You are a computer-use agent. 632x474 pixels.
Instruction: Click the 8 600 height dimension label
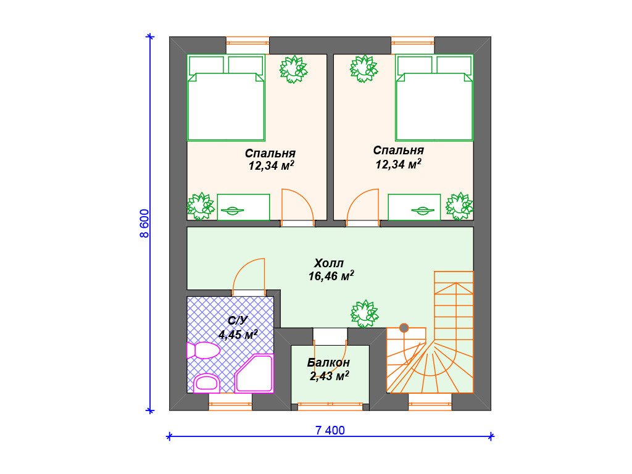pos(144,223)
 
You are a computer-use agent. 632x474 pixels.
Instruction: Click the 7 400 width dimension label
pos(330,430)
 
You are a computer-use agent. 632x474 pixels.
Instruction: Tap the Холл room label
pos(329,263)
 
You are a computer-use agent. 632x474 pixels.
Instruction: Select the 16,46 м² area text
pos(331,276)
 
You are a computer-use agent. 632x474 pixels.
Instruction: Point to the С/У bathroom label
pos(238,321)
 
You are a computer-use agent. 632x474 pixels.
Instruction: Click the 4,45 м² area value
pos(238,335)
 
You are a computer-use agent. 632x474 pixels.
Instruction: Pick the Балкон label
pos(328,363)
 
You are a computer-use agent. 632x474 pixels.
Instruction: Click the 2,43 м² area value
pos(330,376)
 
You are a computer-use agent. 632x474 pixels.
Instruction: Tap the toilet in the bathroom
pos(203,351)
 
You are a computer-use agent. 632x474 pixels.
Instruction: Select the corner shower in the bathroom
pos(254,373)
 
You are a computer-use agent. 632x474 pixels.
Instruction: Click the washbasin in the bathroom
pos(207,383)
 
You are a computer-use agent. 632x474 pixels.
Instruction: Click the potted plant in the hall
pos(364,314)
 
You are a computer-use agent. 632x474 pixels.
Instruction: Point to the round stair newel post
pos(404,328)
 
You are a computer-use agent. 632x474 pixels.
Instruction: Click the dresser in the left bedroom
pos(243,207)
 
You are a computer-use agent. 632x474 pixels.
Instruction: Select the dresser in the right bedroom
pos(414,207)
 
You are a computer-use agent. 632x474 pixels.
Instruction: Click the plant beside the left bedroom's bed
pos(293,69)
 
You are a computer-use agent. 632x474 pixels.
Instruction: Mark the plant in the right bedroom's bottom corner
pos(459,206)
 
